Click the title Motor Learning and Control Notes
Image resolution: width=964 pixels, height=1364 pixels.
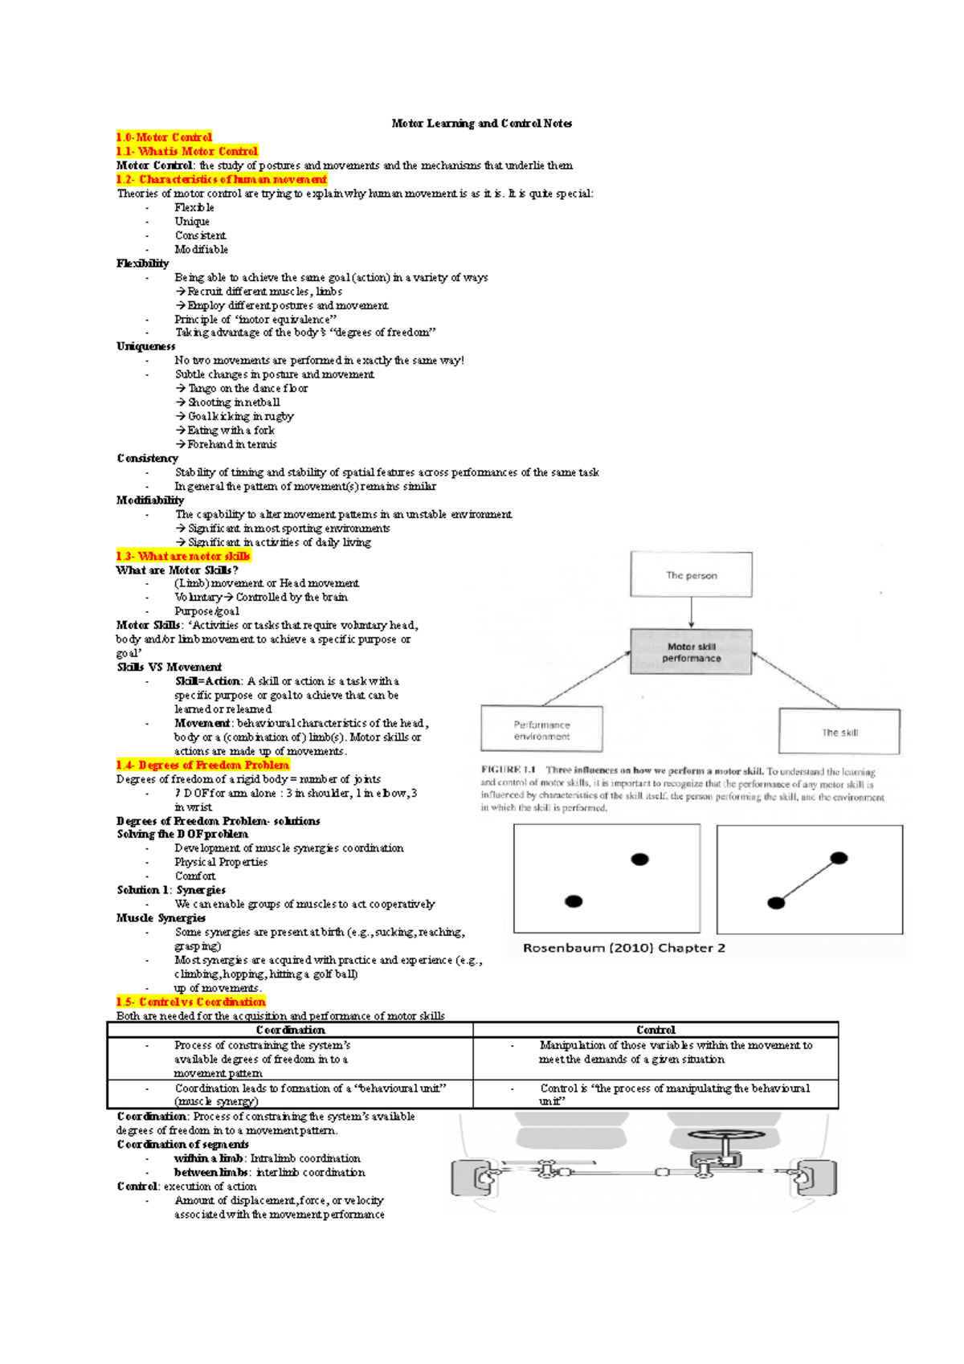[x=481, y=124]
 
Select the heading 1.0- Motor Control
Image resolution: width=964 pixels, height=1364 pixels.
[x=164, y=137]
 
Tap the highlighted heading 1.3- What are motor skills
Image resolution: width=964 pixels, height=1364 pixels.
[x=183, y=556]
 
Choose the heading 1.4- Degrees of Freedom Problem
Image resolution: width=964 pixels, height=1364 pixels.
[x=202, y=765]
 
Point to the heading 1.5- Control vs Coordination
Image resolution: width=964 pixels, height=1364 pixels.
[x=190, y=1002]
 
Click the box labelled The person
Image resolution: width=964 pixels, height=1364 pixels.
[x=691, y=575]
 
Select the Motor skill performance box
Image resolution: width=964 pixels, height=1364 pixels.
[x=691, y=651]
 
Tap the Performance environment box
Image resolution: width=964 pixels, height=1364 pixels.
[x=541, y=729]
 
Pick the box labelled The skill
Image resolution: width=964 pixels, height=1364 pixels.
[x=839, y=732]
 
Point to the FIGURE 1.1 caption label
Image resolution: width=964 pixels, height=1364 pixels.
[x=509, y=770]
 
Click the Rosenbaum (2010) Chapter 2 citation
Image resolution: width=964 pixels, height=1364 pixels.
[x=624, y=948]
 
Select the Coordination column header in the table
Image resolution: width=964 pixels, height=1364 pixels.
[x=290, y=1030]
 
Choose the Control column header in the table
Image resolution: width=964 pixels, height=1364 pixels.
[x=656, y=1030]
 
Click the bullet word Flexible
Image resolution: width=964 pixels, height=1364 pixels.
[x=194, y=207]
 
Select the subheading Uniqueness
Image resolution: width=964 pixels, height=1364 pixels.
[x=145, y=346]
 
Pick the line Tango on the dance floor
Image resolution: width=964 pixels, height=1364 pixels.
[x=247, y=389]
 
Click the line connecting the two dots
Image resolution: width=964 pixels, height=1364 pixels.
[x=807, y=881]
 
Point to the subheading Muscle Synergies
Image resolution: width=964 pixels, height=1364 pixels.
[x=161, y=918]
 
